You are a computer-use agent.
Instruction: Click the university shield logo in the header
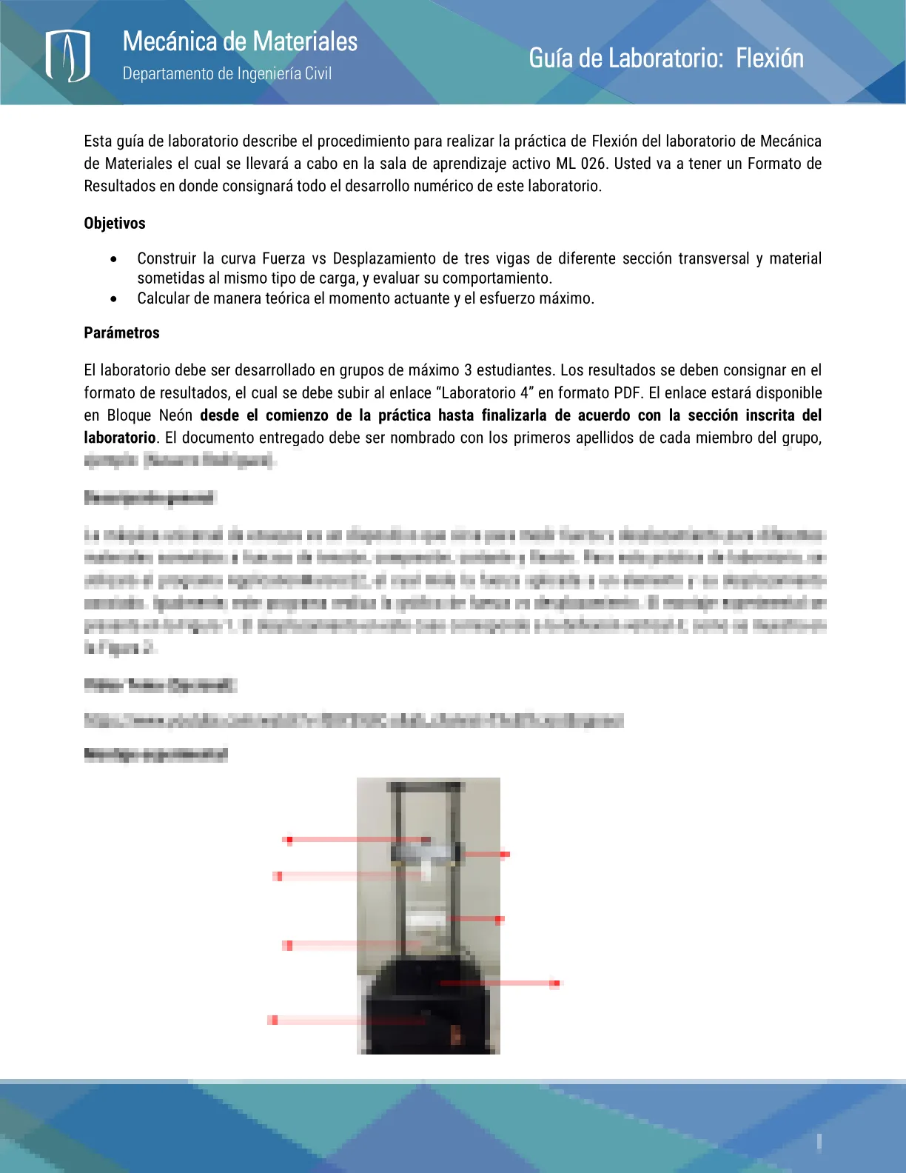coord(67,56)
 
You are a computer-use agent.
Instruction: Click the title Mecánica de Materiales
coord(240,41)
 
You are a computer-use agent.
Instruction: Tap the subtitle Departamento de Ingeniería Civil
coord(226,73)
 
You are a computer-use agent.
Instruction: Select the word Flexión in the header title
coord(769,58)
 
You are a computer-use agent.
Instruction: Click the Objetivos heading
coord(115,223)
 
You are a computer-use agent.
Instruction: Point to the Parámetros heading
coord(121,332)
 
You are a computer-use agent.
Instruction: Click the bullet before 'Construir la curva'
coord(113,259)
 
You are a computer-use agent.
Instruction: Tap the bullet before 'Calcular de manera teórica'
coord(113,299)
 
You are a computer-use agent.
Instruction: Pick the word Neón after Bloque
coord(175,415)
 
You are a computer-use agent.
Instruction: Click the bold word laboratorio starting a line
coord(120,438)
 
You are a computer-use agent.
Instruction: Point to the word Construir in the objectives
coord(167,258)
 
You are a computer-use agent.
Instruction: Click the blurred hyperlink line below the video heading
coord(354,720)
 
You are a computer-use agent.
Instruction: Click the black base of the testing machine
coord(426,1007)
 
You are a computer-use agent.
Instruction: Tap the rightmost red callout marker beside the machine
coord(554,983)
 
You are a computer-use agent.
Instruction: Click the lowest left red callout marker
coord(273,1020)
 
